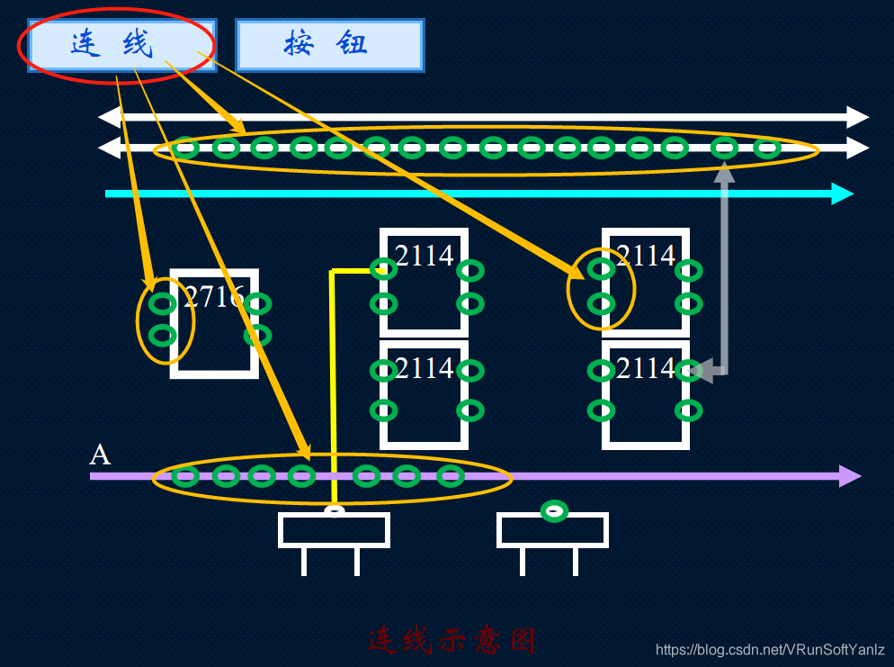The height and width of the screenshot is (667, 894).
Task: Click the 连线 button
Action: coord(115,44)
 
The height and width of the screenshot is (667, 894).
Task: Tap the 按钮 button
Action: coord(328,44)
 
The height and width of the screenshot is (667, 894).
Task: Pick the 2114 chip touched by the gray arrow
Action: coord(645,393)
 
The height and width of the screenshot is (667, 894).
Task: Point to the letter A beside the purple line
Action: coord(100,455)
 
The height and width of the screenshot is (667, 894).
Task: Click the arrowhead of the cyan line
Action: coord(843,194)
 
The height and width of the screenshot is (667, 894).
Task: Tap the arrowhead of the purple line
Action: coord(850,475)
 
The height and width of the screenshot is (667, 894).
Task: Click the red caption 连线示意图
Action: coord(451,640)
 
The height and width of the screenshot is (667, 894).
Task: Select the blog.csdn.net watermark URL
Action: coord(770,650)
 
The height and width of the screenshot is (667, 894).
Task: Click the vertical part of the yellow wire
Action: coord(333,387)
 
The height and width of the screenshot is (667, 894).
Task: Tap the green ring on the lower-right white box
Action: coord(554,511)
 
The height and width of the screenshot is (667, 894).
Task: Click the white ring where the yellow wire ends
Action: coord(335,511)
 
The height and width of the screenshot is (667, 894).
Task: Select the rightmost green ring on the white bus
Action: coord(766,149)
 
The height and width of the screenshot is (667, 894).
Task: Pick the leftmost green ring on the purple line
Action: coord(184,476)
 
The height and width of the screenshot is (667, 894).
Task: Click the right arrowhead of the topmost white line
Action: coord(858,117)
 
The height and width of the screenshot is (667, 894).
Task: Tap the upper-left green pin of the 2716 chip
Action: coord(162,303)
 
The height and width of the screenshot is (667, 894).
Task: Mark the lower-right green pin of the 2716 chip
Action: coord(257,336)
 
